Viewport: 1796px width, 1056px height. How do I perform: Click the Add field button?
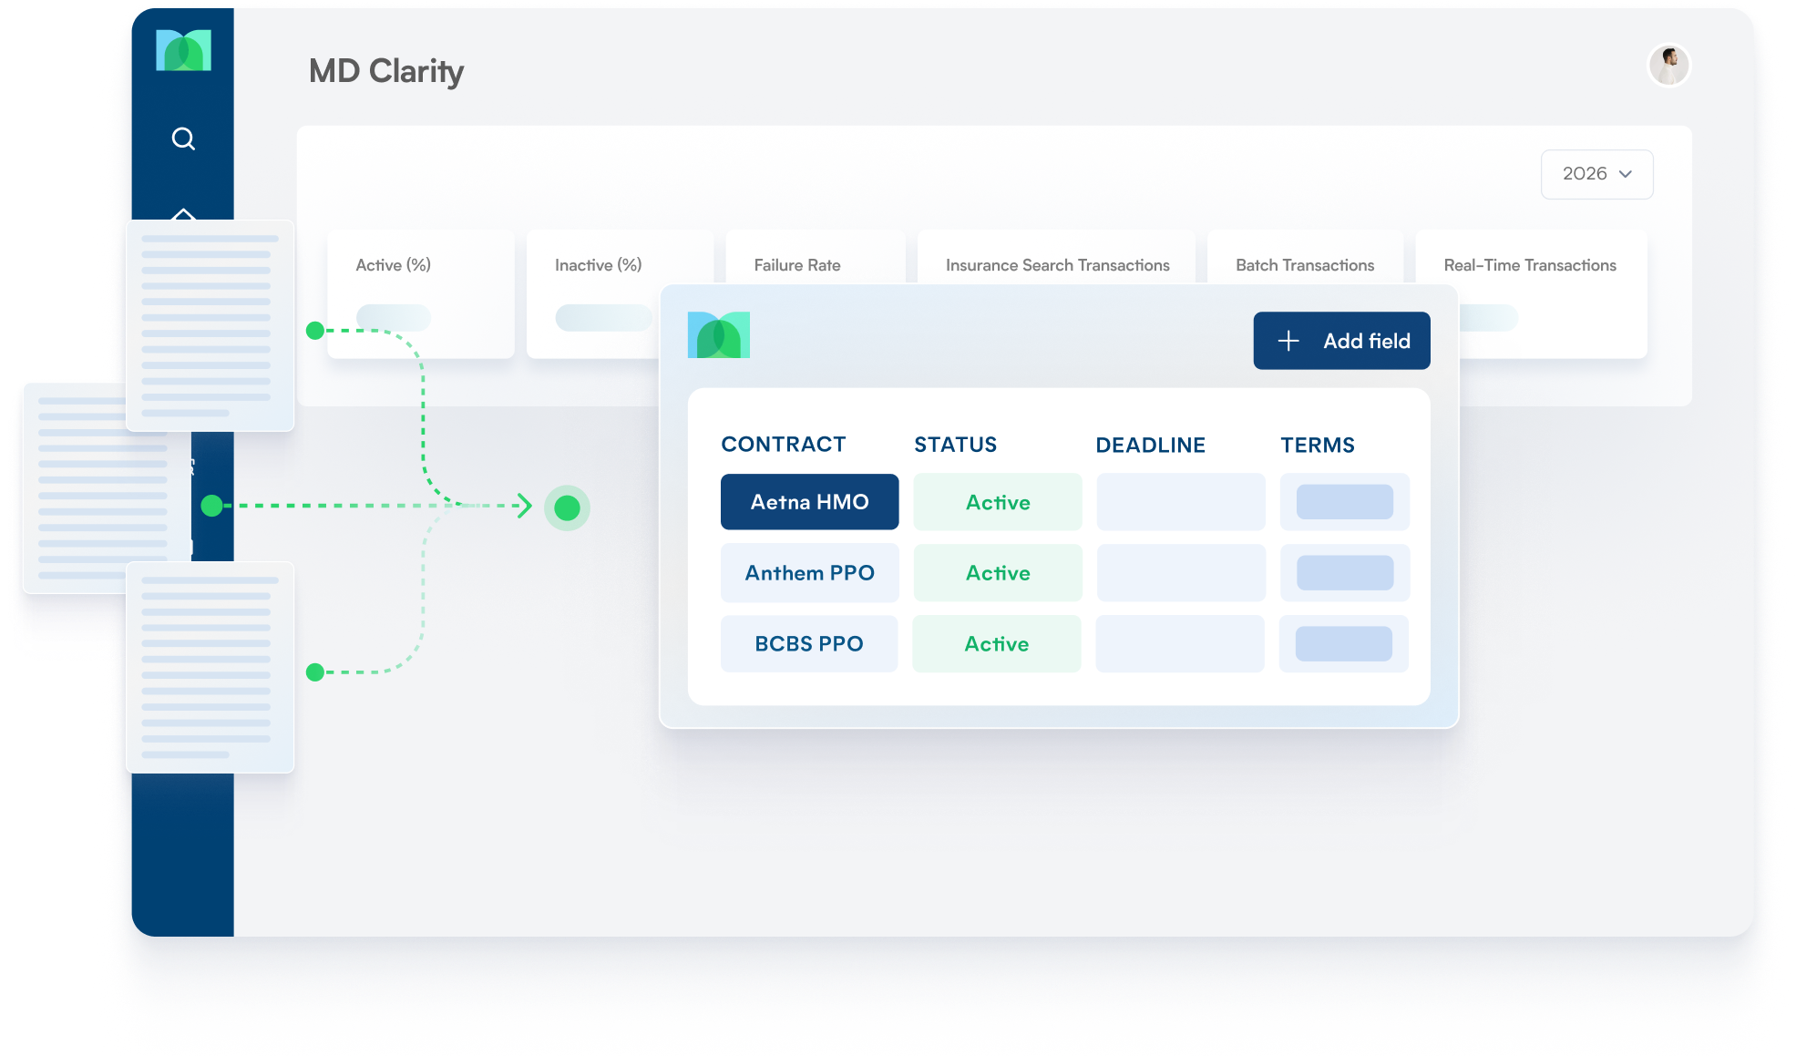coord(1341,341)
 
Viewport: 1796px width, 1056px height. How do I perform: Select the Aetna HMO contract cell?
coord(809,502)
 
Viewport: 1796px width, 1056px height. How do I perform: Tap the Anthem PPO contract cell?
coord(809,573)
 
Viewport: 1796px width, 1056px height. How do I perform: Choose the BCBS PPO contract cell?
coord(808,644)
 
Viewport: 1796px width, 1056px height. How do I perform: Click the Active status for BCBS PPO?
coord(997,644)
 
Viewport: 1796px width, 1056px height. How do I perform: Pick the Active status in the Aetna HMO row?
coord(998,502)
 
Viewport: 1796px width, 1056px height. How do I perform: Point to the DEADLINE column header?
coord(1150,445)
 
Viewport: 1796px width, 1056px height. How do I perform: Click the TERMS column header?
coord(1317,445)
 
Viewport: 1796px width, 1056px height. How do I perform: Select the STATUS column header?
coord(955,445)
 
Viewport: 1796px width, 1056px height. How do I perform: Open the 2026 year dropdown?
coord(1596,174)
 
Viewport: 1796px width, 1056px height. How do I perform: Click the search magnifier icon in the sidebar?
coord(183,138)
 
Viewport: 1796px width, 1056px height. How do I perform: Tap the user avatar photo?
coord(1668,66)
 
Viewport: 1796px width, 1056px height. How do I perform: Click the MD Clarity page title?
coord(386,71)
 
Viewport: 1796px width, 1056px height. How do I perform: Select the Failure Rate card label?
coord(797,265)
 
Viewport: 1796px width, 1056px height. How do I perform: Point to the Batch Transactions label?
coord(1305,265)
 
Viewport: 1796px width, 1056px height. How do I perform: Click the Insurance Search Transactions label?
coord(1057,265)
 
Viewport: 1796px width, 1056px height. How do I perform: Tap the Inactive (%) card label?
coord(598,265)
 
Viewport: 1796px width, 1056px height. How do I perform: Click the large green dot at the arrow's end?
coord(567,507)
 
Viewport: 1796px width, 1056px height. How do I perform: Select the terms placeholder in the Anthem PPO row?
coord(1344,573)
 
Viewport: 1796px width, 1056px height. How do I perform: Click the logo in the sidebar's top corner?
coord(183,50)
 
